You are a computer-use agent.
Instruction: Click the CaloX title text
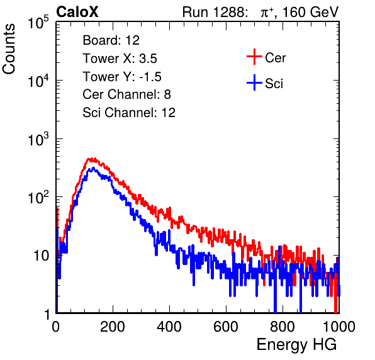[77, 12]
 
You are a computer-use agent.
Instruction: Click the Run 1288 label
[215, 12]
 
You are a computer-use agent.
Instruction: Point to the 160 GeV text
[310, 12]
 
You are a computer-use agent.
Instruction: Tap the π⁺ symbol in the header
[267, 12]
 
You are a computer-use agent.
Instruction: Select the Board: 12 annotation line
[111, 40]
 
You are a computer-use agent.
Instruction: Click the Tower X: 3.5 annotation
[120, 59]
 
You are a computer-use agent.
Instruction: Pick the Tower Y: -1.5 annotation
[122, 77]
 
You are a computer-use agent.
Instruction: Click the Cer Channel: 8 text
[126, 94]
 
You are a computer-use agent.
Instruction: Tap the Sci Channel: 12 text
[129, 113]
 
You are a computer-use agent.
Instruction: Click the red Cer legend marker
[254, 57]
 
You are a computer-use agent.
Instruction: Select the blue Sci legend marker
[254, 83]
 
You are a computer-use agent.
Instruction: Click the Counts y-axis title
[9, 49]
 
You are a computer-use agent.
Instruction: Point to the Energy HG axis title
[296, 345]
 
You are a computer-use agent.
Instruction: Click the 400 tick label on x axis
[169, 327]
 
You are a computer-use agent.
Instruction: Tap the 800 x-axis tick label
[283, 327]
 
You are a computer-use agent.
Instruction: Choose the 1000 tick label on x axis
[339, 327]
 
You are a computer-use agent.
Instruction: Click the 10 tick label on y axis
[41, 256]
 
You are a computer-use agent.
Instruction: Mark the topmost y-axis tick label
[38, 22]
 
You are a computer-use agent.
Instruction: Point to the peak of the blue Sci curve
[93, 168]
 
